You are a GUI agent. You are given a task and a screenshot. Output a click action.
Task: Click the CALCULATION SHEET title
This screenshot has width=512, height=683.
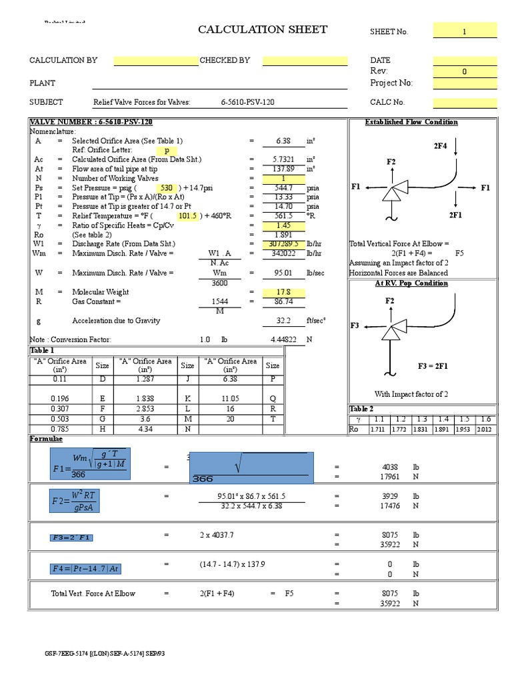[263, 29]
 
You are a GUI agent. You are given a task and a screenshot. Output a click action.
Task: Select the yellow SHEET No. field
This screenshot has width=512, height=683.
[465, 31]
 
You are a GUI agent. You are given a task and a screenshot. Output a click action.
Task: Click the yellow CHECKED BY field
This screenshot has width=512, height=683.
[305, 61]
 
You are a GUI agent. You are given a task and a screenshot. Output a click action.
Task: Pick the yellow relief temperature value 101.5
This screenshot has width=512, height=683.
[187, 216]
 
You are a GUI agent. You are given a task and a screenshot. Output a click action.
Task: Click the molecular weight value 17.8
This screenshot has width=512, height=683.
[284, 292]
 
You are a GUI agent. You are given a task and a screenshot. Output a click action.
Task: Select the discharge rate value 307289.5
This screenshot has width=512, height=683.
[284, 244]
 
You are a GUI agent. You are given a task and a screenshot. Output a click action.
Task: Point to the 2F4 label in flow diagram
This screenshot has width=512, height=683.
[440, 145]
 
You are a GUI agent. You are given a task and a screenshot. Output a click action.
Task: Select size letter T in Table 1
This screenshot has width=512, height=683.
[273, 418]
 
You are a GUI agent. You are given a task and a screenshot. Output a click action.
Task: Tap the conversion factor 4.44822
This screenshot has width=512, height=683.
[283, 339]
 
